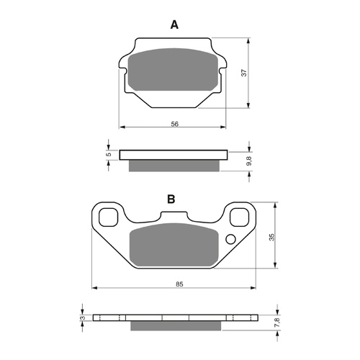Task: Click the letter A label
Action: tap(174, 25)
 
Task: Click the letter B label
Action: tap(171, 199)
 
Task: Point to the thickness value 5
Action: tap(108, 155)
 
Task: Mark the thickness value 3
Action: tap(83, 318)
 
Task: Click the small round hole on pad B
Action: tap(230, 240)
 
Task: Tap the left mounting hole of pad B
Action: tap(109, 215)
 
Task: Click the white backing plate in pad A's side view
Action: tap(173, 154)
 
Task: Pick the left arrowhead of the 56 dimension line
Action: tap(121, 127)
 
